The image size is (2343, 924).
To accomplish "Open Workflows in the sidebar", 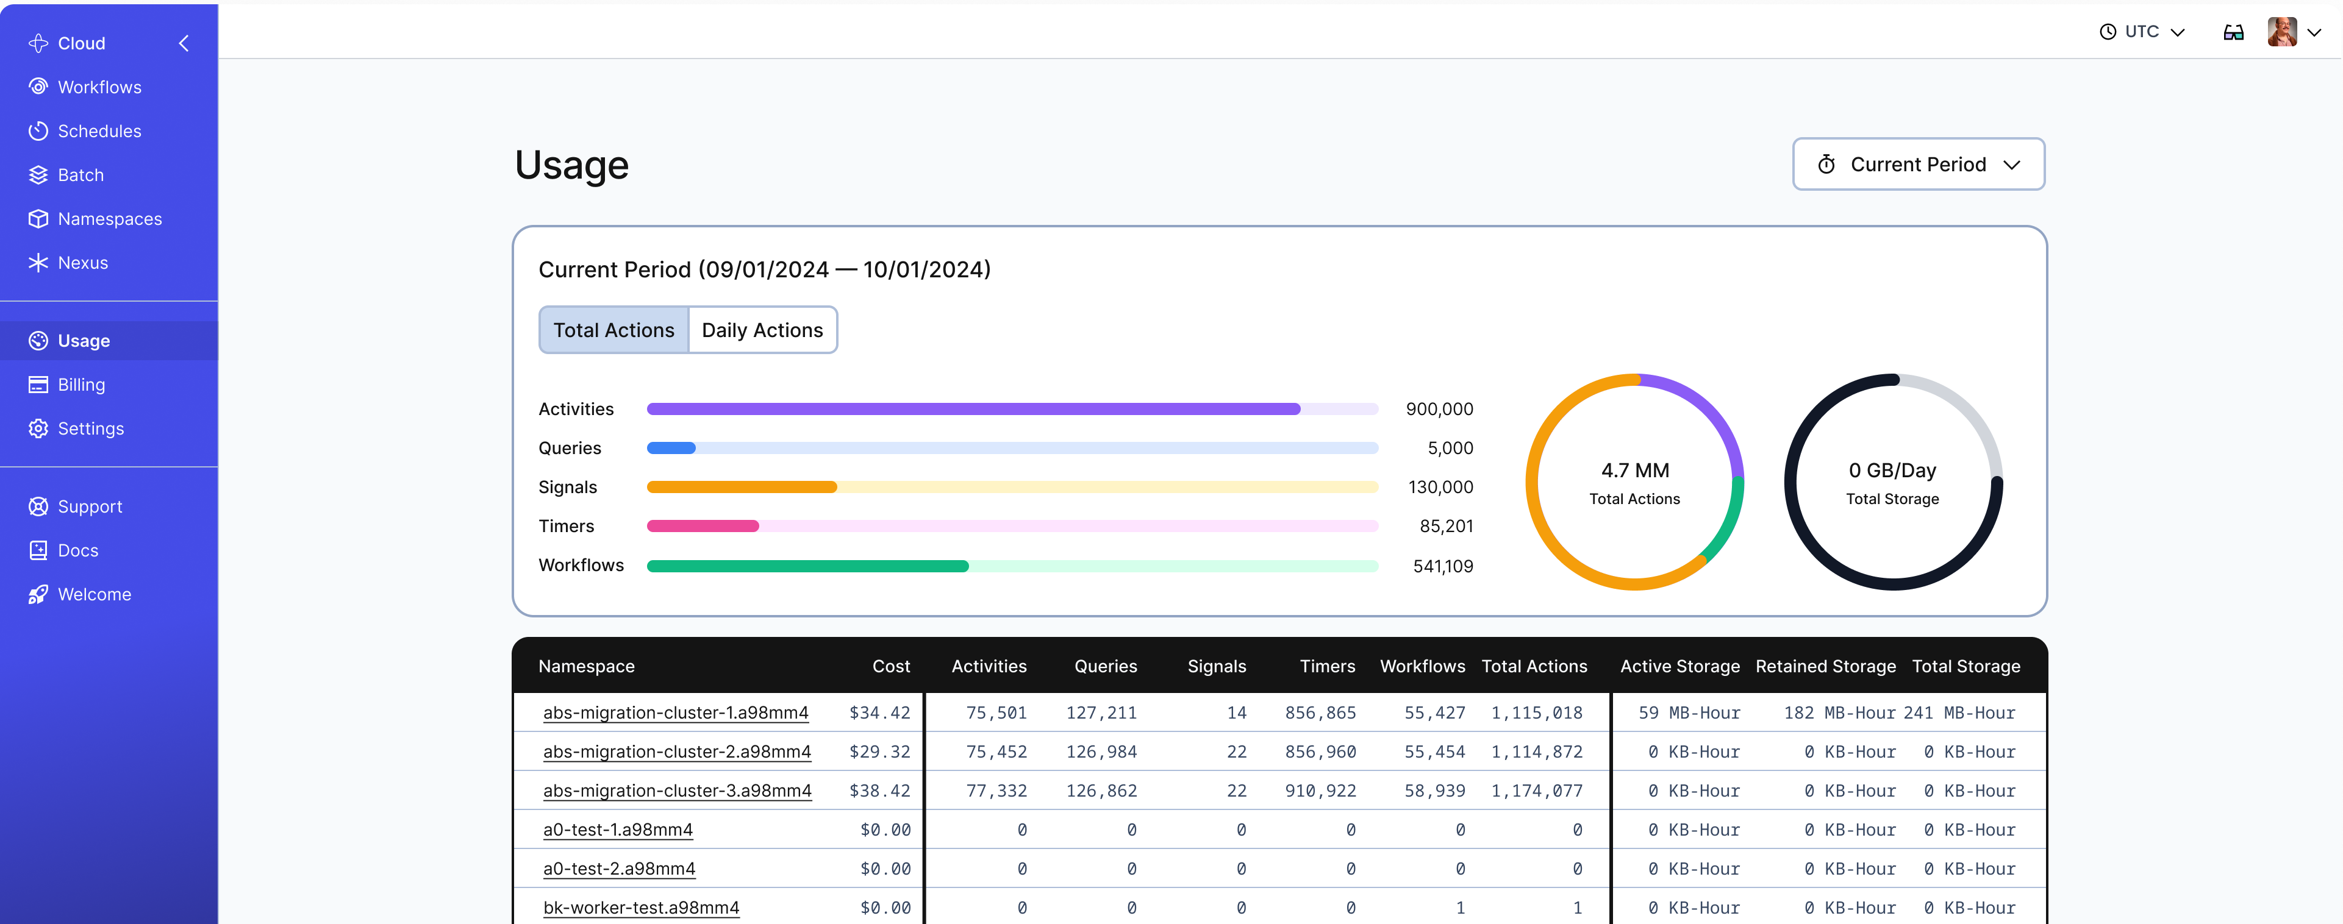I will pyautogui.click(x=98, y=87).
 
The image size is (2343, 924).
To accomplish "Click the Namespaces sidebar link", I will pyautogui.click(x=109, y=219).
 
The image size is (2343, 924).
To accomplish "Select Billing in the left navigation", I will pyautogui.click(x=81, y=385).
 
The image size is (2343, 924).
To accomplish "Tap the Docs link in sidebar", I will pyautogui.click(x=77, y=550).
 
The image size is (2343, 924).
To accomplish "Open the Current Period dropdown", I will pyautogui.click(x=1917, y=165).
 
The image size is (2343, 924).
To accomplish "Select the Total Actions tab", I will pyautogui.click(x=614, y=330).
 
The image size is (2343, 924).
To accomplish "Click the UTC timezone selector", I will pyautogui.click(x=2141, y=32).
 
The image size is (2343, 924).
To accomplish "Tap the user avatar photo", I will pyautogui.click(x=2281, y=32).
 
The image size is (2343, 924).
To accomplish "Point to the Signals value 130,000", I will pyautogui.click(x=1440, y=488).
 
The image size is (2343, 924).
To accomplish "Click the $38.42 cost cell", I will pyautogui.click(x=879, y=791).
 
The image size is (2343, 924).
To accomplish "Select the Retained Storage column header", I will pyautogui.click(x=1825, y=667).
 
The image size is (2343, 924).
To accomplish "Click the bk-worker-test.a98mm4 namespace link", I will pyautogui.click(x=640, y=908).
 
